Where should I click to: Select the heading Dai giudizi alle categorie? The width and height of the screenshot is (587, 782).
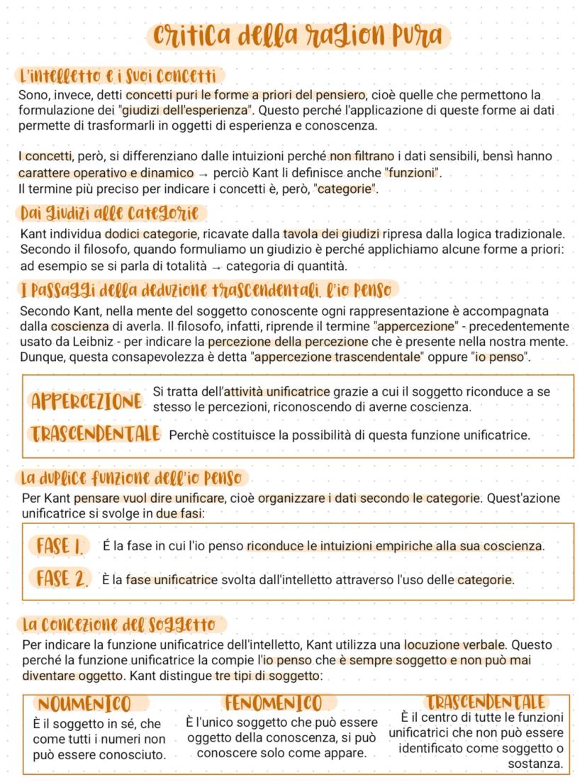pos(110,213)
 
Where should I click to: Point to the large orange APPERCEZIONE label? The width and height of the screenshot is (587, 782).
pos(86,401)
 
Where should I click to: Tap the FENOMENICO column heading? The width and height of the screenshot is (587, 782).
pos(273,703)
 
